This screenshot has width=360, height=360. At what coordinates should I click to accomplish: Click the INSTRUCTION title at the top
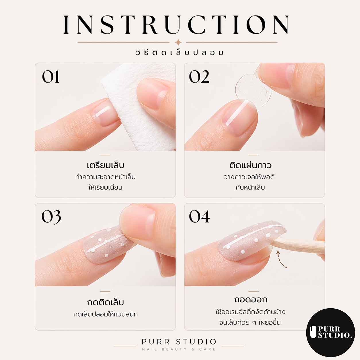[x=176, y=25]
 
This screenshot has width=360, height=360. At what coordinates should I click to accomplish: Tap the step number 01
[x=51, y=77]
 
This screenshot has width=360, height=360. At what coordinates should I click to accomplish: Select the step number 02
[x=199, y=77]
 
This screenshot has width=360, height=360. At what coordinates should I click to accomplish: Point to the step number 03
[x=51, y=217]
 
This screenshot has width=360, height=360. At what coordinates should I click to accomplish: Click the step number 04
[x=199, y=216]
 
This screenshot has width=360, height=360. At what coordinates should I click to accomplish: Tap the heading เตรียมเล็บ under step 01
[x=105, y=165]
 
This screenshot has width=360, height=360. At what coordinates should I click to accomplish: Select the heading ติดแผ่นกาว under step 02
[x=250, y=165]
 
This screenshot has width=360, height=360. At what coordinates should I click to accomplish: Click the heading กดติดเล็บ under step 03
[x=105, y=302]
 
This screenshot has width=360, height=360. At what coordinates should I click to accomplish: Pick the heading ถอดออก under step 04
[x=250, y=299]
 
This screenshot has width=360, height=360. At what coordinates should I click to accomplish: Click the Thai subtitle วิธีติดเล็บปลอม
[x=180, y=53]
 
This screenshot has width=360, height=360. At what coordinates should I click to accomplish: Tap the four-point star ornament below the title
[x=178, y=42]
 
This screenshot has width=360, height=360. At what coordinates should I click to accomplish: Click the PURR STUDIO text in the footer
[x=179, y=342]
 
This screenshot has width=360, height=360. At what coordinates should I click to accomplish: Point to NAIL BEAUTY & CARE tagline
[x=179, y=349]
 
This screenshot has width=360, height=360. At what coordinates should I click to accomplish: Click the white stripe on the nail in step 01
[x=103, y=111]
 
